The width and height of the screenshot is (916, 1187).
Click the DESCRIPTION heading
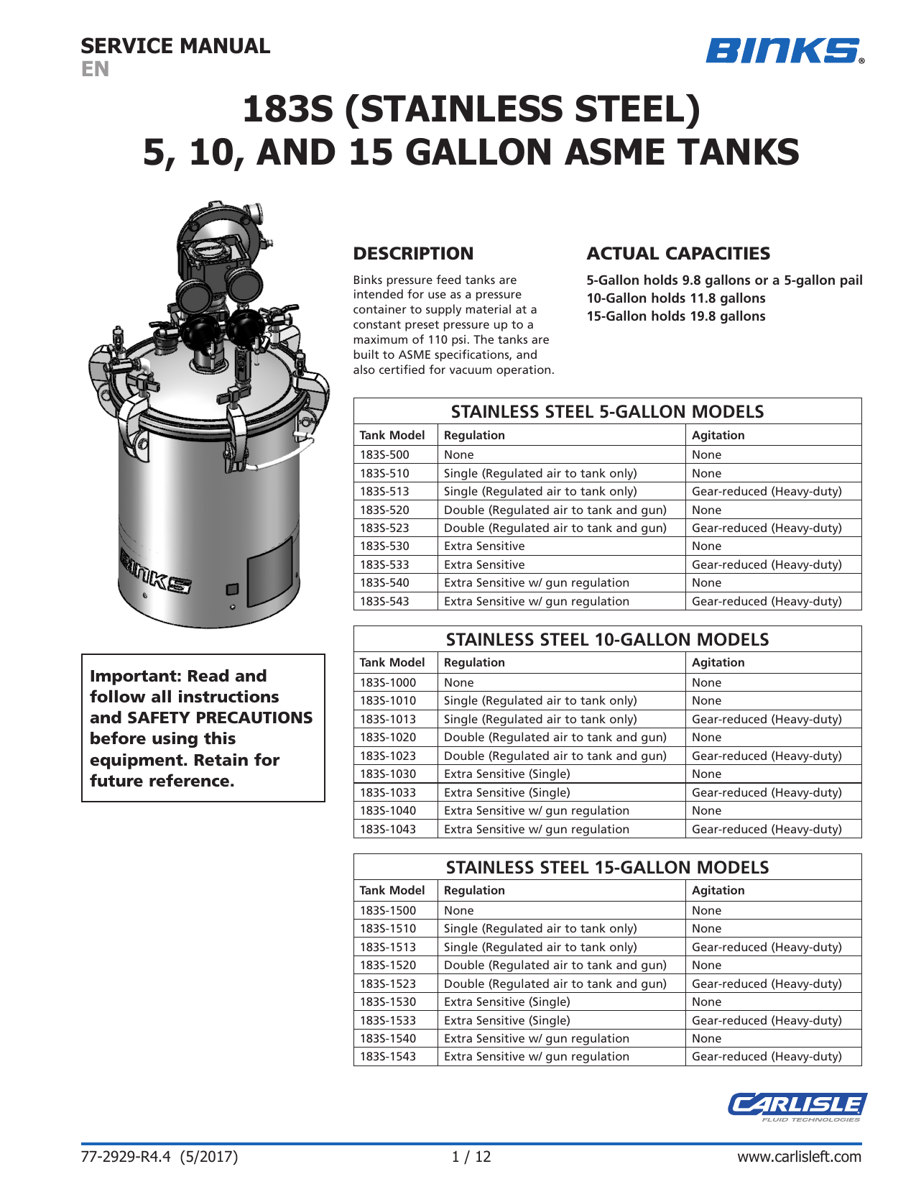(x=413, y=254)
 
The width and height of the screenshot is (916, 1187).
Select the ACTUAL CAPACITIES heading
(x=677, y=254)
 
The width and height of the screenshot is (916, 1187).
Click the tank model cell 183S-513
(x=384, y=492)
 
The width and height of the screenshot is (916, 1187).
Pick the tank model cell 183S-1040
(x=387, y=811)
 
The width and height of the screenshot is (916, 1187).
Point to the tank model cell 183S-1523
(x=387, y=984)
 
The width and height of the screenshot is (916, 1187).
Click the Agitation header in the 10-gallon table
(x=718, y=663)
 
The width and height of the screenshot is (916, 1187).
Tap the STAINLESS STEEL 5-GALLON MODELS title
(x=607, y=412)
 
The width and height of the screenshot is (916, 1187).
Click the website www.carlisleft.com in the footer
(x=799, y=1157)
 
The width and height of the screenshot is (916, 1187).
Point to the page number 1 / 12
(x=471, y=1157)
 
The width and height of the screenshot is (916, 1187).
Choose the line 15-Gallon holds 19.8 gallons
(x=675, y=316)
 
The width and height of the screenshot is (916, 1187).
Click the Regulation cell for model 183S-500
(x=459, y=455)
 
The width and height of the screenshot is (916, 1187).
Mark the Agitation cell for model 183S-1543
(x=766, y=1057)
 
